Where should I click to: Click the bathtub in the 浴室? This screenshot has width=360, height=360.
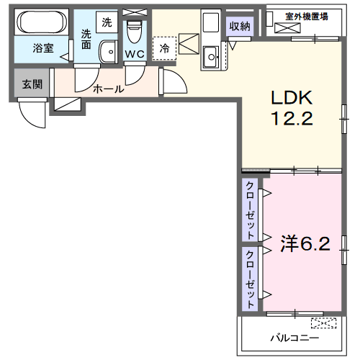click(42, 22)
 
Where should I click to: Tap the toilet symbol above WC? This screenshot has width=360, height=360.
click(135, 32)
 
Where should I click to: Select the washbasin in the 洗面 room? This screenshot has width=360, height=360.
click(108, 52)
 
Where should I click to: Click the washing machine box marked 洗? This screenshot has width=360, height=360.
click(107, 22)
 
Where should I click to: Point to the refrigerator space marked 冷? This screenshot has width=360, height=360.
click(165, 48)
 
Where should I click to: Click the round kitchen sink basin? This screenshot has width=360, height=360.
click(212, 57)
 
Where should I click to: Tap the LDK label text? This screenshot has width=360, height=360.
click(292, 98)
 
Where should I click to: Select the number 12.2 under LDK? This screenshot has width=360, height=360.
click(292, 118)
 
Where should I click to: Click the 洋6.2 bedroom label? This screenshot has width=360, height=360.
click(305, 243)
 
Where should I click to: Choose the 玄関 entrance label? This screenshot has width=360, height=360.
click(32, 84)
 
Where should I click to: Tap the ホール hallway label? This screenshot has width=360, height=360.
click(109, 89)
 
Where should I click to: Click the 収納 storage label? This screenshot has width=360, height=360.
click(240, 26)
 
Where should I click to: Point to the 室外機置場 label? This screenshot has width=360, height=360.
click(307, 17)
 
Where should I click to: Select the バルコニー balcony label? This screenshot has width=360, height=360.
click(294, 338)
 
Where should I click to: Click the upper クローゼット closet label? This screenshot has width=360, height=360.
click(250, 210)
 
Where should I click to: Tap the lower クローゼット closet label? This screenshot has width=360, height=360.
click(250, 279)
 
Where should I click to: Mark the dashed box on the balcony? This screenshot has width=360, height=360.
click(323, 323)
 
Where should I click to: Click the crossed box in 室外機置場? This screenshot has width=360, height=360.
click(287, 28)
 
